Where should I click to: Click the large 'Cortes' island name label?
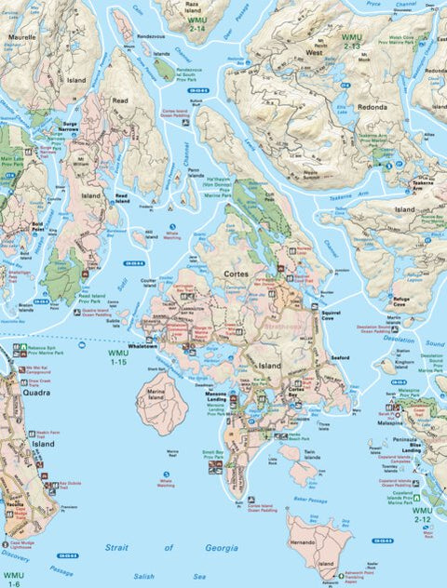pos(235,274)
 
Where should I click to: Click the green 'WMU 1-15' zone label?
pos(118,358)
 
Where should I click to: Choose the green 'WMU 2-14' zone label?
pos(196,23)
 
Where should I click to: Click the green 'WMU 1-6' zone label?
pos(12,579)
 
